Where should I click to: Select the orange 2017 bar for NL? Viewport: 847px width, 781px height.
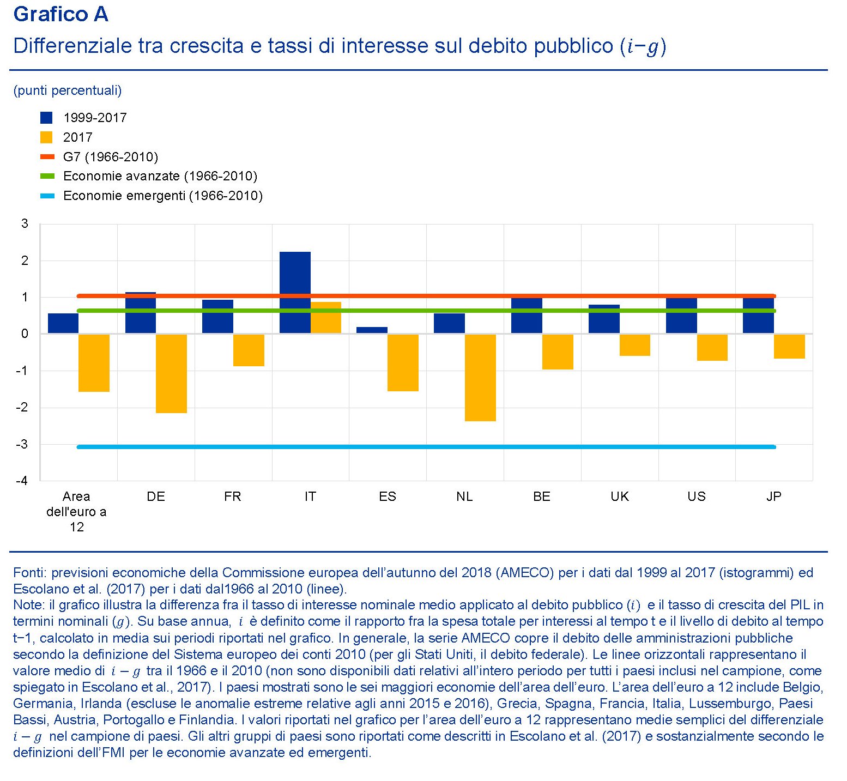(x=480, y=377)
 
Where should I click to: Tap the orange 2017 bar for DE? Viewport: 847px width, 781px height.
(x=171, y=373)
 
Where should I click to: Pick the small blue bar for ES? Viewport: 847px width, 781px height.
(x=372, y=330)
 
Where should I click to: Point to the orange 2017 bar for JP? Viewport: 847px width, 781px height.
(x=789, y=346)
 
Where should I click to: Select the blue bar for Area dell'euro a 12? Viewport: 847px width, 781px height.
(x=63, y=323)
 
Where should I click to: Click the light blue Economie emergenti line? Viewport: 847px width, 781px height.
(x=425, y=447)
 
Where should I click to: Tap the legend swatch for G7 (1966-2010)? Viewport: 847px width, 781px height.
(x=47, y=157)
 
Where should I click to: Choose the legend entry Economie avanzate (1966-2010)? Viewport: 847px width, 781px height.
(x=160, y=176)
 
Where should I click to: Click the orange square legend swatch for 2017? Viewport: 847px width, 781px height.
(x=47, y=137)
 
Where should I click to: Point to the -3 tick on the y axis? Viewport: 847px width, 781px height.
(x=22, y=444)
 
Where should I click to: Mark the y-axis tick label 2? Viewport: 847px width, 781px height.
(x=25, y=261)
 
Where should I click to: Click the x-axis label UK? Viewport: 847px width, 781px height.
(x=619, y=497)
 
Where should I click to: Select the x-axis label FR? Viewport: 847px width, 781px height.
(x=233, y=497)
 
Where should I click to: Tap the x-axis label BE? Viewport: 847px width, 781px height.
(x=542, y=497)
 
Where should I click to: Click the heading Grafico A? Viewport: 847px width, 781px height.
(x=60, y=15)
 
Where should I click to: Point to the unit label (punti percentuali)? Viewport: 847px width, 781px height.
(x=68, y=90)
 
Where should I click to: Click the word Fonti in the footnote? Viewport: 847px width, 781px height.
(x=29, y=573)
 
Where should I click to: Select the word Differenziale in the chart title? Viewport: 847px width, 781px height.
(x=72, y=46)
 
